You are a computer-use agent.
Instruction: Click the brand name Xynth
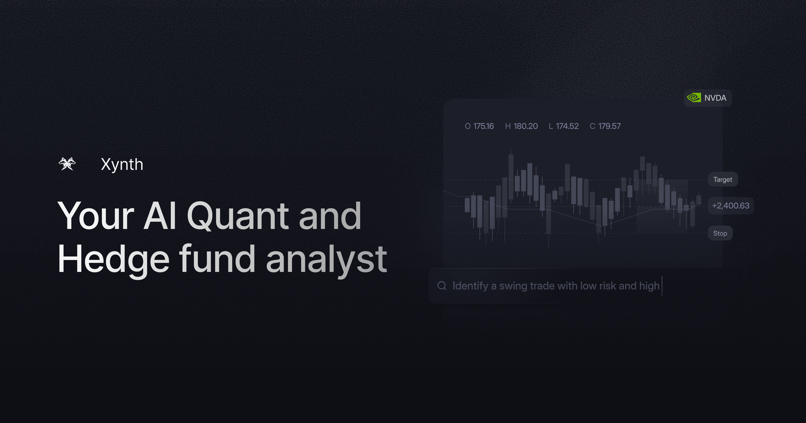[122, 164]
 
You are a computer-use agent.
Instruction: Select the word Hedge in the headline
[114, 260]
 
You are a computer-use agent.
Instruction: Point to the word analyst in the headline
[326, 260]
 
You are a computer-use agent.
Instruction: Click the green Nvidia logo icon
[694, 98]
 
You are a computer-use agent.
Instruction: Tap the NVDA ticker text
[715, 98]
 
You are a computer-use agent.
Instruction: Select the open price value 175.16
[483, 126]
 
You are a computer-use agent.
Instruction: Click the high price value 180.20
[526, 126]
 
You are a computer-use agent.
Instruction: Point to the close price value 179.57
[609, 126]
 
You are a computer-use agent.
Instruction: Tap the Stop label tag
[720, 233]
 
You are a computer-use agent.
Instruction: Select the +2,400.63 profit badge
[731, 206]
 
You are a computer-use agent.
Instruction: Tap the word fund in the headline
[217, 260]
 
